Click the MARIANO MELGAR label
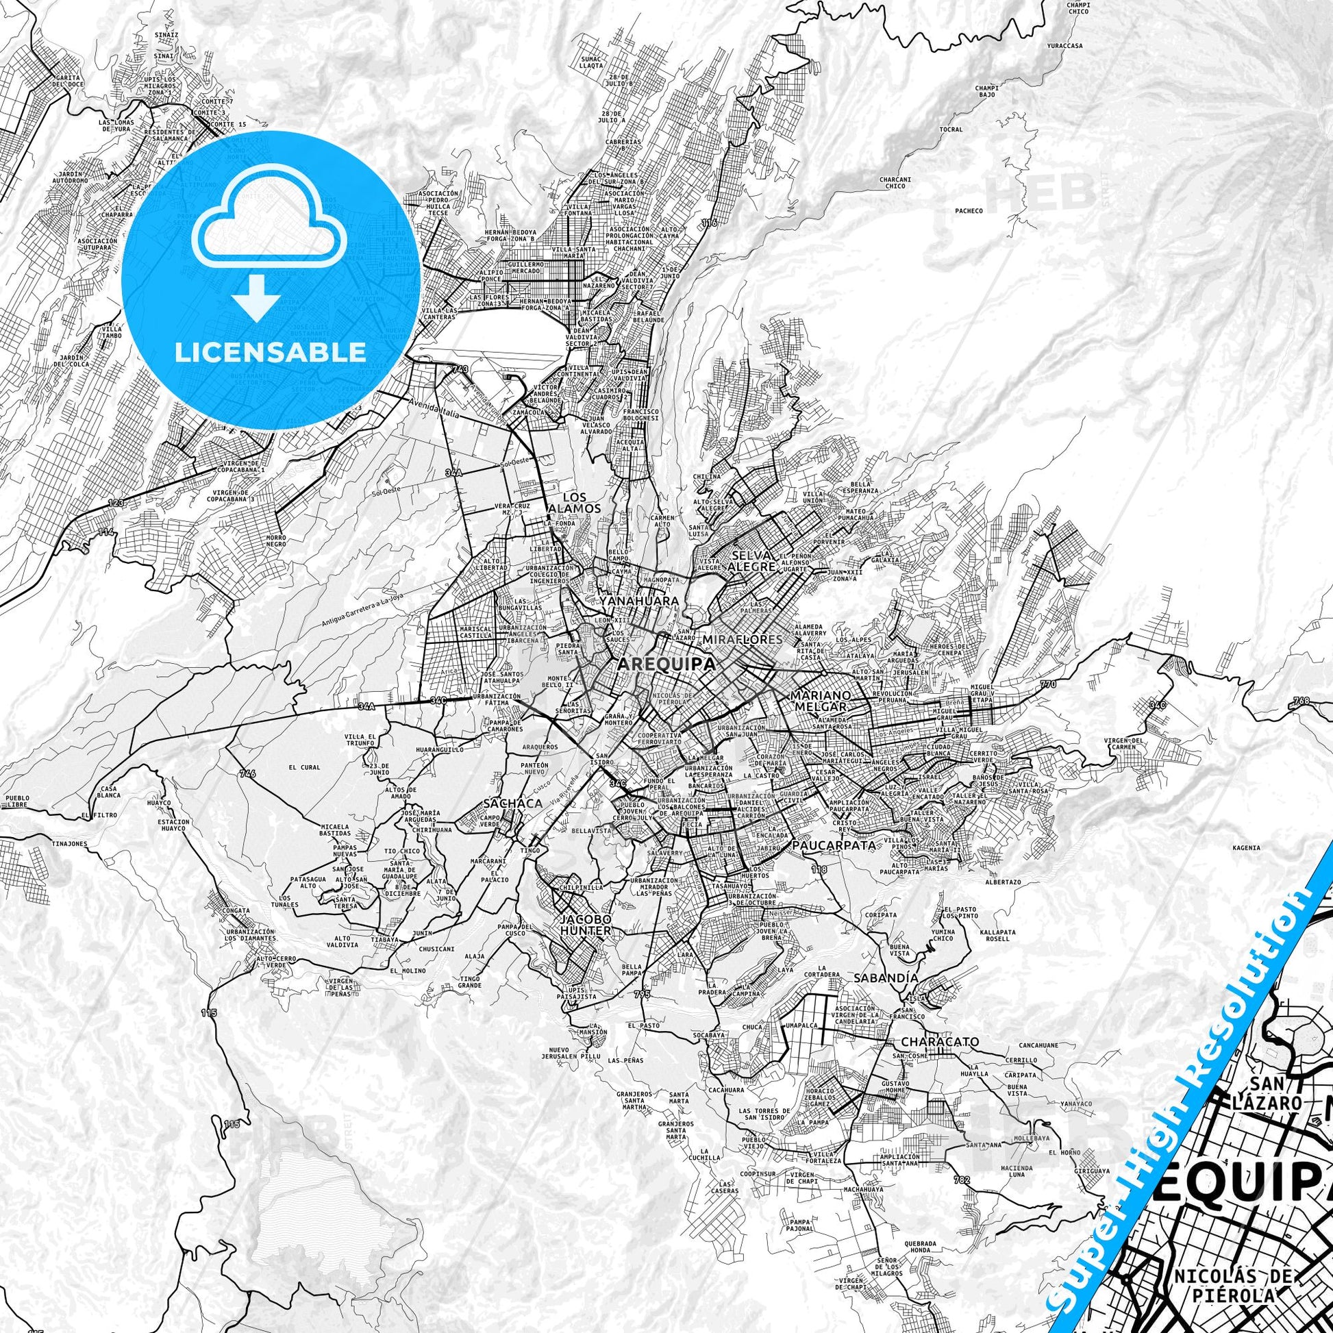819,701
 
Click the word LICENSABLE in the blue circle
270,353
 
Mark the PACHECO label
969,211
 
